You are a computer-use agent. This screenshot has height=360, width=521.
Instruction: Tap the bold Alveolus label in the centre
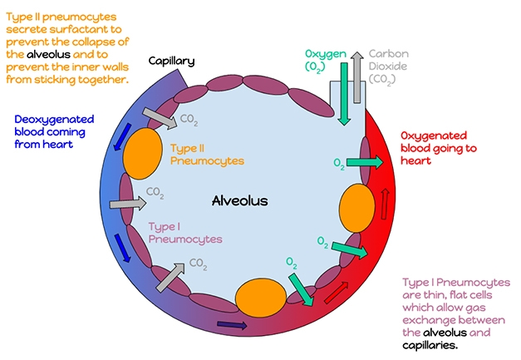240,200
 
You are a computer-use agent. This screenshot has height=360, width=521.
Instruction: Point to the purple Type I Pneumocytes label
185,232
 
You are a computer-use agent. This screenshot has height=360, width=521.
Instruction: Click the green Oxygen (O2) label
326,61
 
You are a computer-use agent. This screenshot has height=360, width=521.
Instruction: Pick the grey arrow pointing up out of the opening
355,75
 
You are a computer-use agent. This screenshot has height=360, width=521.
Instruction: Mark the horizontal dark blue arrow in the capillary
227,324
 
